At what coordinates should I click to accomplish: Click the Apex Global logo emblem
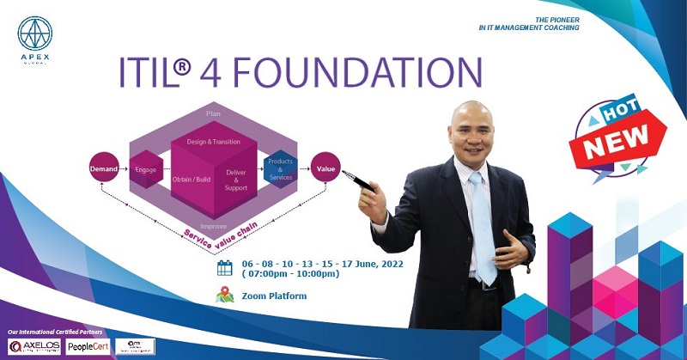35,34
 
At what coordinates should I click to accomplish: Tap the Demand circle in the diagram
103,169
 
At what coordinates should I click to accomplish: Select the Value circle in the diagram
325,168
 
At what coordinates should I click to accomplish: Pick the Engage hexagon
145,169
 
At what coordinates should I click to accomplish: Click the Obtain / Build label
191,180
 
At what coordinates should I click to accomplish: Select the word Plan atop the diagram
214,113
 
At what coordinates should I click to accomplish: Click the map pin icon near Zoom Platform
225,296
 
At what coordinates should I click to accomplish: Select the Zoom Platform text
274,296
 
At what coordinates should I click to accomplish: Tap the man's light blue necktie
481,228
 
